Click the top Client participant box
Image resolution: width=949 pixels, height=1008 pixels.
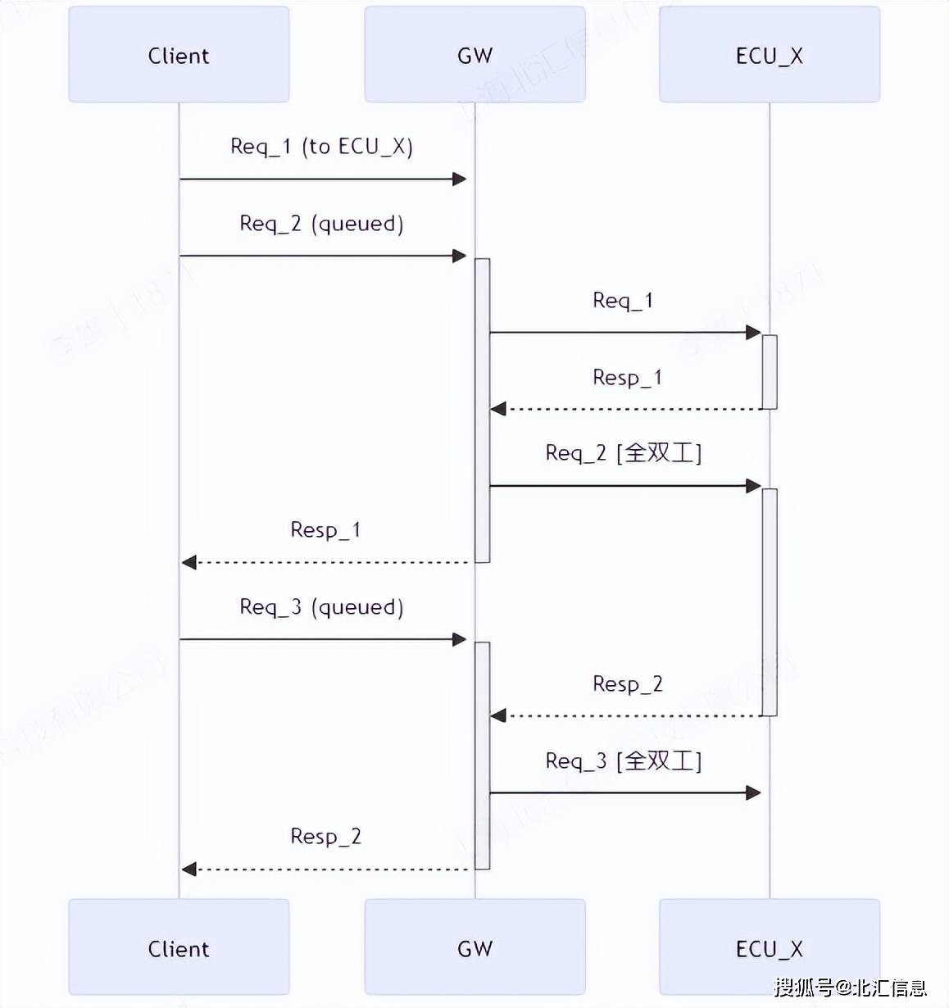[x=179, y=55]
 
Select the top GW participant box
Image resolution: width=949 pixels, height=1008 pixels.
[x=474, y=55]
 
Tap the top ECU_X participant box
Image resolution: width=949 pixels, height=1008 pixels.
[x=769, y=55]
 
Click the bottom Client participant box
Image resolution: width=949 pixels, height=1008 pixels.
[x=179, y=948]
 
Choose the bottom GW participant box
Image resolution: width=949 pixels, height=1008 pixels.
[x=474, y=948]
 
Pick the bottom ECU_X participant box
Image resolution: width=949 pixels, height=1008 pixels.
[x=769, y=948]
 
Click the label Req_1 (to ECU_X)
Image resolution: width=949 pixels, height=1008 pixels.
[x=321, y=147]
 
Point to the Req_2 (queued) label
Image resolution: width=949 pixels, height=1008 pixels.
[x=321, y=224]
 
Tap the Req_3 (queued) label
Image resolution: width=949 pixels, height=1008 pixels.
[x=321, y=607]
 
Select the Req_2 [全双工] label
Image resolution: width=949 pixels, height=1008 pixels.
[x=623, y=453]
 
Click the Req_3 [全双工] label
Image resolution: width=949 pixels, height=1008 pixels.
[x=623, y=761]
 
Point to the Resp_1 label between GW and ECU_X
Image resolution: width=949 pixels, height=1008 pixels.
[x=627, y=378]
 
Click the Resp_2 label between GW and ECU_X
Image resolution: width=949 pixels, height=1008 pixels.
[x=627, y=684]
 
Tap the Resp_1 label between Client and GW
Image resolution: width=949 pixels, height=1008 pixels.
[x=325, y=530]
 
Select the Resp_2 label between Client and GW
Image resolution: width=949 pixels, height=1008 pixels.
[x=325, y=837]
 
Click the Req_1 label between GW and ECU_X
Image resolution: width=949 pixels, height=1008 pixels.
[x=623, y=301]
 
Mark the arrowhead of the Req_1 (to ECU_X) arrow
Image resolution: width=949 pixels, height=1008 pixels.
[x=460, y=179]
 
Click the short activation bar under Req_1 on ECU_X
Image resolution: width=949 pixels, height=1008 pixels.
[x=770, y=371]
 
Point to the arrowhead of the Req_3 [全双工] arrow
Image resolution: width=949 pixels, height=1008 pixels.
[x=754, y=792]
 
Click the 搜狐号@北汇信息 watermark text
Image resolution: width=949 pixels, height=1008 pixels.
[x=850, y=988]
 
